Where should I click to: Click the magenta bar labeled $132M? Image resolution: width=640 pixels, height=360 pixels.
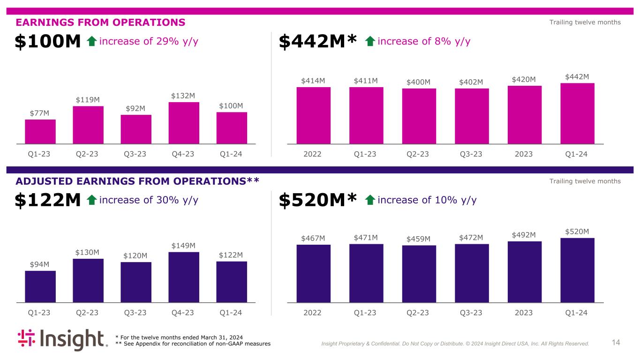(x=184, y=122)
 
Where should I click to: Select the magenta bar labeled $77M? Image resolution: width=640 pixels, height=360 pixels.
(x=40, y=131)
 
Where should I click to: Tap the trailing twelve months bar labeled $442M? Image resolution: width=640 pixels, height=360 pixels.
(x=577, y=113)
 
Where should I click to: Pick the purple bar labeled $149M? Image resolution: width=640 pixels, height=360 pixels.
(x=184, y=277)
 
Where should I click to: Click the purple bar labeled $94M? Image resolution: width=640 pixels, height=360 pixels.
(x=40, y=286)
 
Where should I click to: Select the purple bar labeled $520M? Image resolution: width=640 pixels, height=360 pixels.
(x=577, y=270)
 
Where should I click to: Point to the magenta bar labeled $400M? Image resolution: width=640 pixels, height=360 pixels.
(x=419, y=116)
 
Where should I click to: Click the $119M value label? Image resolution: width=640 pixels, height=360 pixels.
(x=88, y=100)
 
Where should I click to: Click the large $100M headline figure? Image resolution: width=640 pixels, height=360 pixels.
(x=48, y=42)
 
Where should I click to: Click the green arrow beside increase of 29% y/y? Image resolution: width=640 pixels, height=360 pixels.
(x=92, y=42)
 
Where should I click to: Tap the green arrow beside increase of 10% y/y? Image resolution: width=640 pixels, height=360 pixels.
(x=370, y=201)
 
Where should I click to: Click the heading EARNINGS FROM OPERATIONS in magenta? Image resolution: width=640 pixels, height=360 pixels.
(x=100, y=22)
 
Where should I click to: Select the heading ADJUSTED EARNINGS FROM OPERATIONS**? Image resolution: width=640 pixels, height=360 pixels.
(x=137, y=181)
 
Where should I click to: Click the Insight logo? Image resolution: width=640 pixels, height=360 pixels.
(x=62, y=340)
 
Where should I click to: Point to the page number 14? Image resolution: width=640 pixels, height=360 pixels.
(x=616, y=343)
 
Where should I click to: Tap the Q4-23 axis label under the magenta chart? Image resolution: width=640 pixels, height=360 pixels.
(x=184, y=154)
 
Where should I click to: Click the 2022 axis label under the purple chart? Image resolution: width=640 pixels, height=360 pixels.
(x=313, y=313)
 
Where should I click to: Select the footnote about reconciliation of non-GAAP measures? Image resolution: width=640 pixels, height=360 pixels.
(x=193, y=344)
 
